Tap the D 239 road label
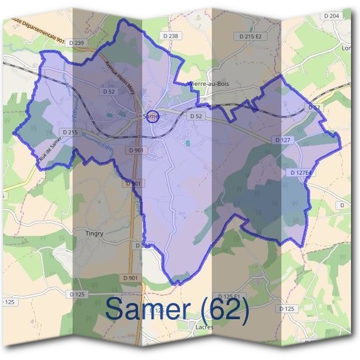(x=76, y=43)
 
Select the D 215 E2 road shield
(x=251, y=37)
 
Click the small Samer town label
(x=151, y=115)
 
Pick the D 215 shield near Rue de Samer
(x=70, y=132)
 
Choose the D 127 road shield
(x=282, y=140)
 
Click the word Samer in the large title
(x=150, y=308)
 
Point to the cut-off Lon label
(x=346, y=47)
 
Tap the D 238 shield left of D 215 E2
(x=171, y=37)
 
